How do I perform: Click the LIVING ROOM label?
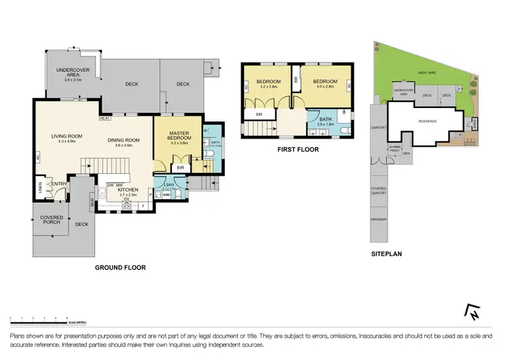[x=67, y=136]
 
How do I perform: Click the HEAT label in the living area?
[x=105, y=118]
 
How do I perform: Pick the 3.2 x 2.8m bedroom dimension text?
[x=269, y=87]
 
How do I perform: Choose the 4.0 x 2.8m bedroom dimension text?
[x=324, y=86]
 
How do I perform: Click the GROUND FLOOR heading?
[x=121, y=268]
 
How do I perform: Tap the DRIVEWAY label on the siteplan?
[x=378, y=219]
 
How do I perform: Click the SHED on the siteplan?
[x=474, y=122]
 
